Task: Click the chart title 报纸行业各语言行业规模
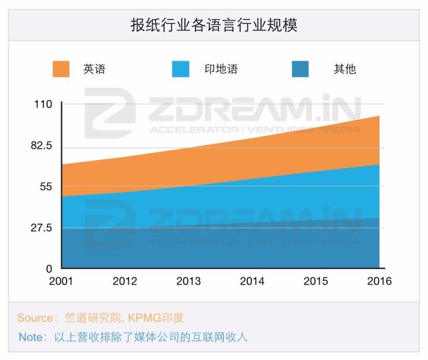tap(213, 26)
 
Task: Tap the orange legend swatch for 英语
tap(61, 69)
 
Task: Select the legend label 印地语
tap(221, 69)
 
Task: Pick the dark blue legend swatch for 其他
tap(301, 69)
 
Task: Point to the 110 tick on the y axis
tap(44, 105)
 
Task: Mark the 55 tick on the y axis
tap(46, 187)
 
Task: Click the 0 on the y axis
tap(49, 269)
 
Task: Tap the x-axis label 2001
tap(61, 281)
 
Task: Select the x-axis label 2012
tap(125, 281)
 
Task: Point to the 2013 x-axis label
tap(188, 281)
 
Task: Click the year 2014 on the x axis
tap(252, 281)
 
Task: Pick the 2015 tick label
tap(316, 281)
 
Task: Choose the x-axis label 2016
tap(379, 281)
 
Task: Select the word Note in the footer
tap(31, 337)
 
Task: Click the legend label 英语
tap(94, 69)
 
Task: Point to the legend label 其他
tap(345, 69)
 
